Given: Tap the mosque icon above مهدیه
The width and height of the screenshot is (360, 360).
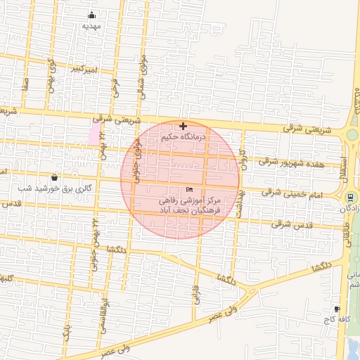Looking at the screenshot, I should pyautogui.click(x=91, y=15).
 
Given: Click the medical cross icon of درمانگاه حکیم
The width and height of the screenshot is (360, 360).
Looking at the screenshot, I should pyautogui.click(x=184, y=127).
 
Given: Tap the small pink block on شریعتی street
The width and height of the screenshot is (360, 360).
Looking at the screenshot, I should pyautogui.click(x=94, y=132).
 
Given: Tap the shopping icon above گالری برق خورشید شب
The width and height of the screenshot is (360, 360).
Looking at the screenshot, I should pyautogui.click(x=55, y=178).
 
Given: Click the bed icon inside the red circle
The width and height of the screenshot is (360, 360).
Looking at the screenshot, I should pyautogui.click(x=189, y=190).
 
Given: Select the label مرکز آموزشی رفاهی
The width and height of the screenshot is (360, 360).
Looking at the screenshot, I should pyautogui.click(x=190, y=201).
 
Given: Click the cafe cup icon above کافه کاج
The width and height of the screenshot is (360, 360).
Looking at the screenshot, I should pyautogui.click(x=337, y=309).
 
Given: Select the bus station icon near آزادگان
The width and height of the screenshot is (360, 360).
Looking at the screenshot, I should pyautogui.click(x=350, y=197).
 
